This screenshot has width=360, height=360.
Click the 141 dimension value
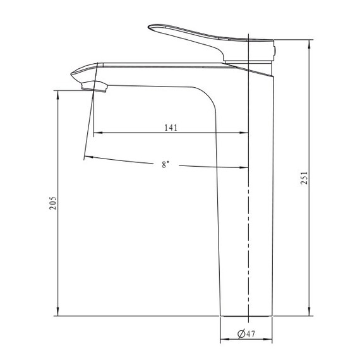tap(171, 128)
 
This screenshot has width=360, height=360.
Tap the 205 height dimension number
tap(53, 203)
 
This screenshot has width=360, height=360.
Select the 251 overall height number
tap(304, 177)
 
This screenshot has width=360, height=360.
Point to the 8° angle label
tap(165, 164)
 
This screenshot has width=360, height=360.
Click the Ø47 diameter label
tap(246, 333)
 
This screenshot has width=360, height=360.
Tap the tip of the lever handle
tap(148, 27)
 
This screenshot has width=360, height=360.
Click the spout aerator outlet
tap(95, 87)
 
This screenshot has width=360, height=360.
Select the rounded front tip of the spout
tap(71, 74)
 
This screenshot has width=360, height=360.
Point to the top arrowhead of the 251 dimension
tap(309, 44)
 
